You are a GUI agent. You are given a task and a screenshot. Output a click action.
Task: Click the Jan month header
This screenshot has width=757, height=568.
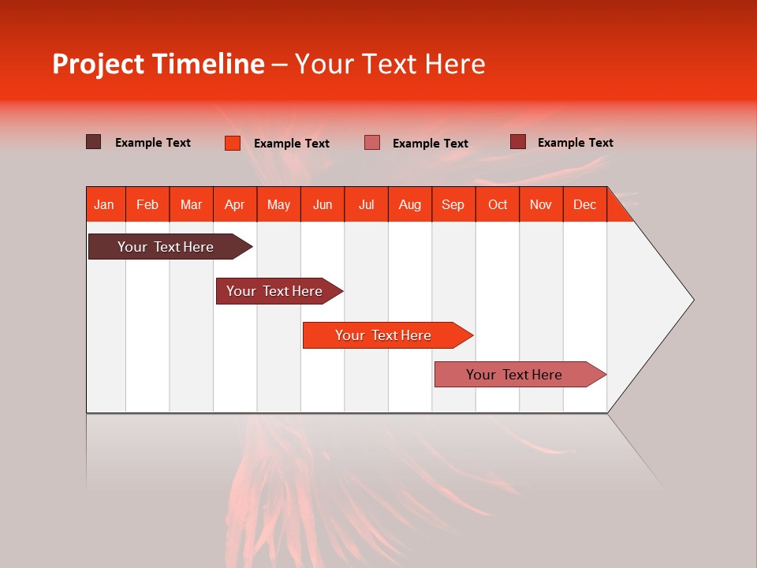[105, 204]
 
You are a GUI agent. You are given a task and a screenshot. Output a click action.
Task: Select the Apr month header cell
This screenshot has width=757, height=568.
[235, 204]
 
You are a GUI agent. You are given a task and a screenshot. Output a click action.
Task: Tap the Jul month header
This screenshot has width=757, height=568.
[366, 204]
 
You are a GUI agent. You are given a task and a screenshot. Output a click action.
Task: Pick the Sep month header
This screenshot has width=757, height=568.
[453, 204]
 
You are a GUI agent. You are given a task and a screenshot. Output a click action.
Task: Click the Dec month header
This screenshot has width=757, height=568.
[584, 204]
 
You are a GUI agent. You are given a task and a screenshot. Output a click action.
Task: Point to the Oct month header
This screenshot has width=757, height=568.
[498, 204]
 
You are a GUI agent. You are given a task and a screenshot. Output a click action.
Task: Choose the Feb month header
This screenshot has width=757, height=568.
[147, 204]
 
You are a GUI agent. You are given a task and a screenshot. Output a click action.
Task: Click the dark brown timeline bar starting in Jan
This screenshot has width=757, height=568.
[166, 247]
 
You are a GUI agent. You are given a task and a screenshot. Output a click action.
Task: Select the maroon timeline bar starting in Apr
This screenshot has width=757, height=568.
[274, 291]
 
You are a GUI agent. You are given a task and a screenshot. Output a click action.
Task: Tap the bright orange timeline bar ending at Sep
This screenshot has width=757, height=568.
[383, 335]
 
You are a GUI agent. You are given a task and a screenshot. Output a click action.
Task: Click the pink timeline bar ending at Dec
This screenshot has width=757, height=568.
[514, 375]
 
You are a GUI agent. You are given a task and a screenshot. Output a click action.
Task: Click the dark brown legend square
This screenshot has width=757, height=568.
[94, 142]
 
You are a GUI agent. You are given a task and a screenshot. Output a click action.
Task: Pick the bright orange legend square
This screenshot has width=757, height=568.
[233, 143]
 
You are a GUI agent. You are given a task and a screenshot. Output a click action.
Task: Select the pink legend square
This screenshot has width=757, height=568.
[372, 143]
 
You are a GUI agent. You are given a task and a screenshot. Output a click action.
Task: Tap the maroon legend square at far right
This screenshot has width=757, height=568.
[518, 142]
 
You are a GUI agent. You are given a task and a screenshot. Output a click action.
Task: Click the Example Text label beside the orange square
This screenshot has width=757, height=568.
[291, 144]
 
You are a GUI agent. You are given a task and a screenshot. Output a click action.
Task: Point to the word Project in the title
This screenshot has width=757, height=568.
[98, 64]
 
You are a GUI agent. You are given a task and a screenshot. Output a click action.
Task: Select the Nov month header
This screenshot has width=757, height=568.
[541, 204]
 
